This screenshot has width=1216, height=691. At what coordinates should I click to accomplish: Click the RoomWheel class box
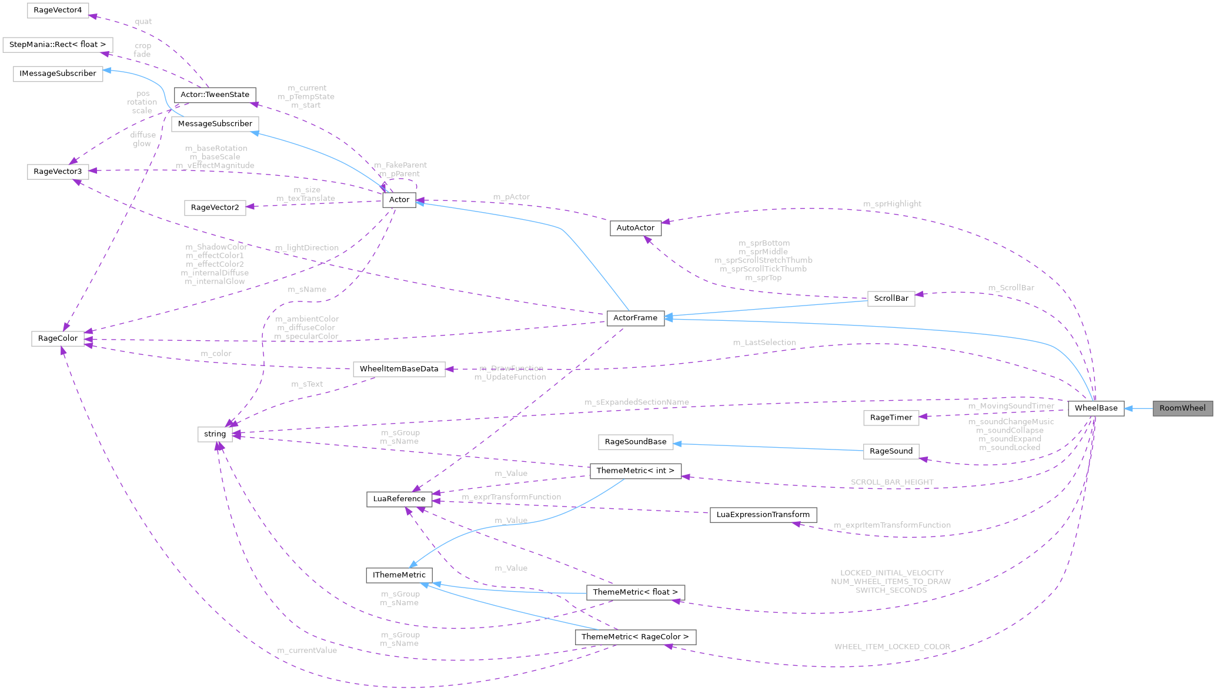[x=1182, y=408]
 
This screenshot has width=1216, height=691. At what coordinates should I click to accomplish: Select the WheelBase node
[x=1095, y=408]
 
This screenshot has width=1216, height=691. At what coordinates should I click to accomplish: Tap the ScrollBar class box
[x=891, y=298]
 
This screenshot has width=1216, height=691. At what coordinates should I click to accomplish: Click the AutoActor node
[x=635, y=227]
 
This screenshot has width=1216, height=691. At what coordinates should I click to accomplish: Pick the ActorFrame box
[x=635, y=318]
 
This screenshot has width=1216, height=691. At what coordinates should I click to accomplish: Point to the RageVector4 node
[x=58, y=11]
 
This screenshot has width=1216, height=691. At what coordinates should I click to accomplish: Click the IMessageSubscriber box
[x=58, y=73]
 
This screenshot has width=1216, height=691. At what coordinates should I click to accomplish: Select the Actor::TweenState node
[x=215, y=95]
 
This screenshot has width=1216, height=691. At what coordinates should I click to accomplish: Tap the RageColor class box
[x=58, y=338]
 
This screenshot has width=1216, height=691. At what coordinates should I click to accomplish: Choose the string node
[x=215, y=434]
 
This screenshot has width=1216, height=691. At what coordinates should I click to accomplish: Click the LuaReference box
[x=399, y=499]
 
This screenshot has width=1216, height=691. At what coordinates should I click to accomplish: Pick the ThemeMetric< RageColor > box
[x=635, y=637]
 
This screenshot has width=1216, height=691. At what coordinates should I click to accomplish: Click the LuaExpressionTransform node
[x=763, y=515]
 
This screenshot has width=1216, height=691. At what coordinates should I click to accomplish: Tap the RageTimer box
[x=891, y=418]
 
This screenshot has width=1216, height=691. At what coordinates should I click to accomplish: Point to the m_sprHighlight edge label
[x=891, y=204]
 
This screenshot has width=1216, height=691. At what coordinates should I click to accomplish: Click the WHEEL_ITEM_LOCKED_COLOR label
[x=892, y=647]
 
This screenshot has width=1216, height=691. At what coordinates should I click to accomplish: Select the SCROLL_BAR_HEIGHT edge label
[x=891, y=482]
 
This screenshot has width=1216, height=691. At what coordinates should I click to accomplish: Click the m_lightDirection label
[x=307, y=248]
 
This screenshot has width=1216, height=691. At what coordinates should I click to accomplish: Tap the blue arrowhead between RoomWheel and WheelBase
[x=1129, y=408]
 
